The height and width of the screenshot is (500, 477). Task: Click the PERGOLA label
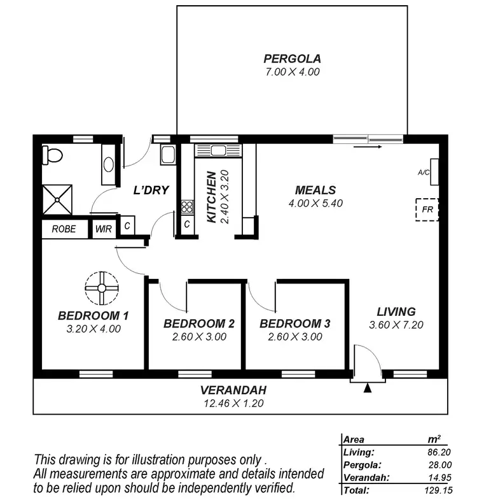coord(292,59)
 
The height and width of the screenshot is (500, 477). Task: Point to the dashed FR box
coord(427,209)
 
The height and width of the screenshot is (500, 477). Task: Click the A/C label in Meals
coord(424,173)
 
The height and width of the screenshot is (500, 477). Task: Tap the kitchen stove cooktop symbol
coord(188,206)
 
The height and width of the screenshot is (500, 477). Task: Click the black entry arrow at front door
coord(367,388)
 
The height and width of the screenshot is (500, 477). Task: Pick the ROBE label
coord(64,229)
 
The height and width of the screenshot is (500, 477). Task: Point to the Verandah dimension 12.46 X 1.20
coord(233,403)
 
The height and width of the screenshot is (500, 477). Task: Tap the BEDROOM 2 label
coord(199,324)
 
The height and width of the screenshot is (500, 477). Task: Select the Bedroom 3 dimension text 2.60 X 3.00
coord(294,337)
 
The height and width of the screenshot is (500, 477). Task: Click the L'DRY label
coord(145,190)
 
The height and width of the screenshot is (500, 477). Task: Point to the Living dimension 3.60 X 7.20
coord(396,325)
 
